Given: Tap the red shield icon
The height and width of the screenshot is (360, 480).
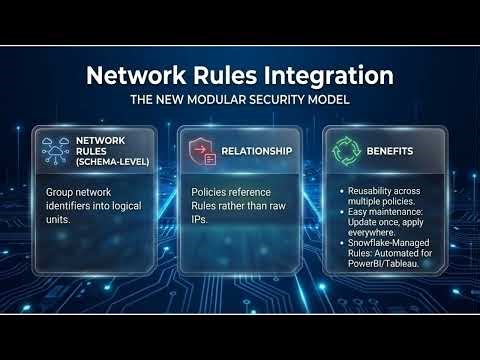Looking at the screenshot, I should (x=201, y=151).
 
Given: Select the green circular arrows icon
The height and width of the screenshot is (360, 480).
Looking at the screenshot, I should (x=345, y=151).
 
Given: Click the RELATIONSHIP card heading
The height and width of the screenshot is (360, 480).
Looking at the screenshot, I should (x=257, y=151).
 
